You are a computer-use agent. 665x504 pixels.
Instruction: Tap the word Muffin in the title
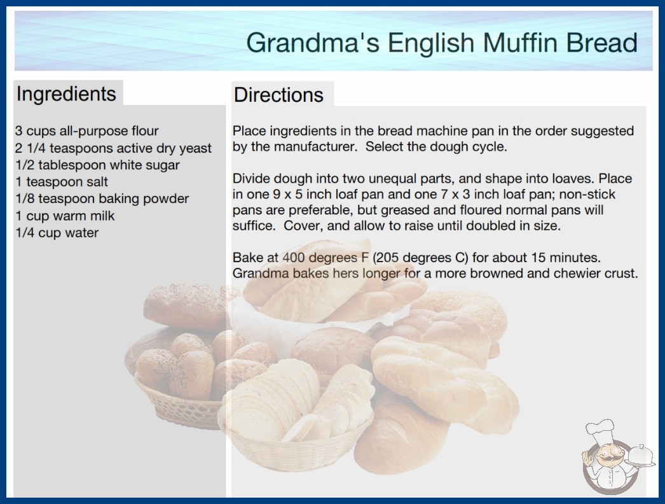tap(521, 43)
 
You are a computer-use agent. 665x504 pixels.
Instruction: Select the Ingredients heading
tap(66, 94)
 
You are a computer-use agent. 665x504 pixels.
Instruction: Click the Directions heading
tap(278, 95)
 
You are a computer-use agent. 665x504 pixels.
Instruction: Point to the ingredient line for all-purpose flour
tap(87, 131)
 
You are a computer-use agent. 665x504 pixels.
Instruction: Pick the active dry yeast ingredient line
tap(113, 148)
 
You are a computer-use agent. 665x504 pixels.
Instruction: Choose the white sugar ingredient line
tap(97, 165)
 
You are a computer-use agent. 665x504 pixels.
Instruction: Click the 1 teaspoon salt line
tap(62, 182)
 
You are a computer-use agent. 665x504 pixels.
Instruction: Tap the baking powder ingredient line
tap(102, 199)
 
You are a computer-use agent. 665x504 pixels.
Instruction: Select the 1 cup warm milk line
tap(65, 216)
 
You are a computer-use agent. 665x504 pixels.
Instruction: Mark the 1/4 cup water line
tap(57, 233)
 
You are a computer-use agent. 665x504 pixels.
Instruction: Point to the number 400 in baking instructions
tap(294, 258)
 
